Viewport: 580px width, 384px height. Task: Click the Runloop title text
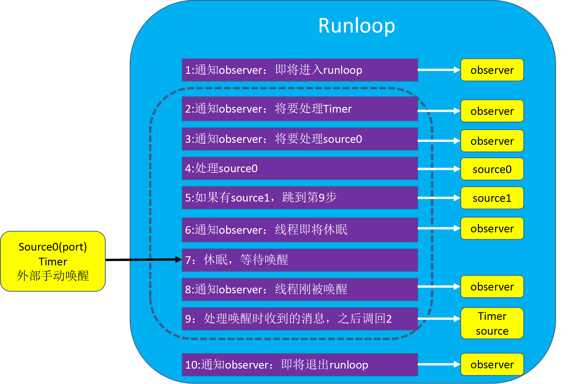point(357,26)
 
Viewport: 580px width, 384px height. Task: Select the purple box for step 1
point(300,70)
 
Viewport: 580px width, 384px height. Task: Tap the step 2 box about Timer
point(300,109)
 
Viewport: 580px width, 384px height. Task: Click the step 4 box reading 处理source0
point(300,168)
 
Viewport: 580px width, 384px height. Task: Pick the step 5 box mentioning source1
point(300,198)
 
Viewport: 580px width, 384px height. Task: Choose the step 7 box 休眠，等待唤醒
point(300,260)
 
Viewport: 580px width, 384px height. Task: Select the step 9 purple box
point(300,318)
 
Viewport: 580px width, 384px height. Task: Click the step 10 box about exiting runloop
point(300,365)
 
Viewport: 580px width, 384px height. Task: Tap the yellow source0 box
point(492,169)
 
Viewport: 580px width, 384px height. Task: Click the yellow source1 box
point(492,198)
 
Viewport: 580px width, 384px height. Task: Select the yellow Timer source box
point(492,323)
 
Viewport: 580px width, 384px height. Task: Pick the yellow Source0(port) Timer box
point(53,261)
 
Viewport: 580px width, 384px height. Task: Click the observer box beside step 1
point(492,70)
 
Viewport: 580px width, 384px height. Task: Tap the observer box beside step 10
point(492,364)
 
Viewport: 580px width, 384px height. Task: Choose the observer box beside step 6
point(492,228)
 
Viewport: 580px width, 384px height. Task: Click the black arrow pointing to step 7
point(156,259)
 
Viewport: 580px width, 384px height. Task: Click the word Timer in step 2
point(337,109)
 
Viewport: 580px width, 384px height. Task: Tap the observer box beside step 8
point(492,287)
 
